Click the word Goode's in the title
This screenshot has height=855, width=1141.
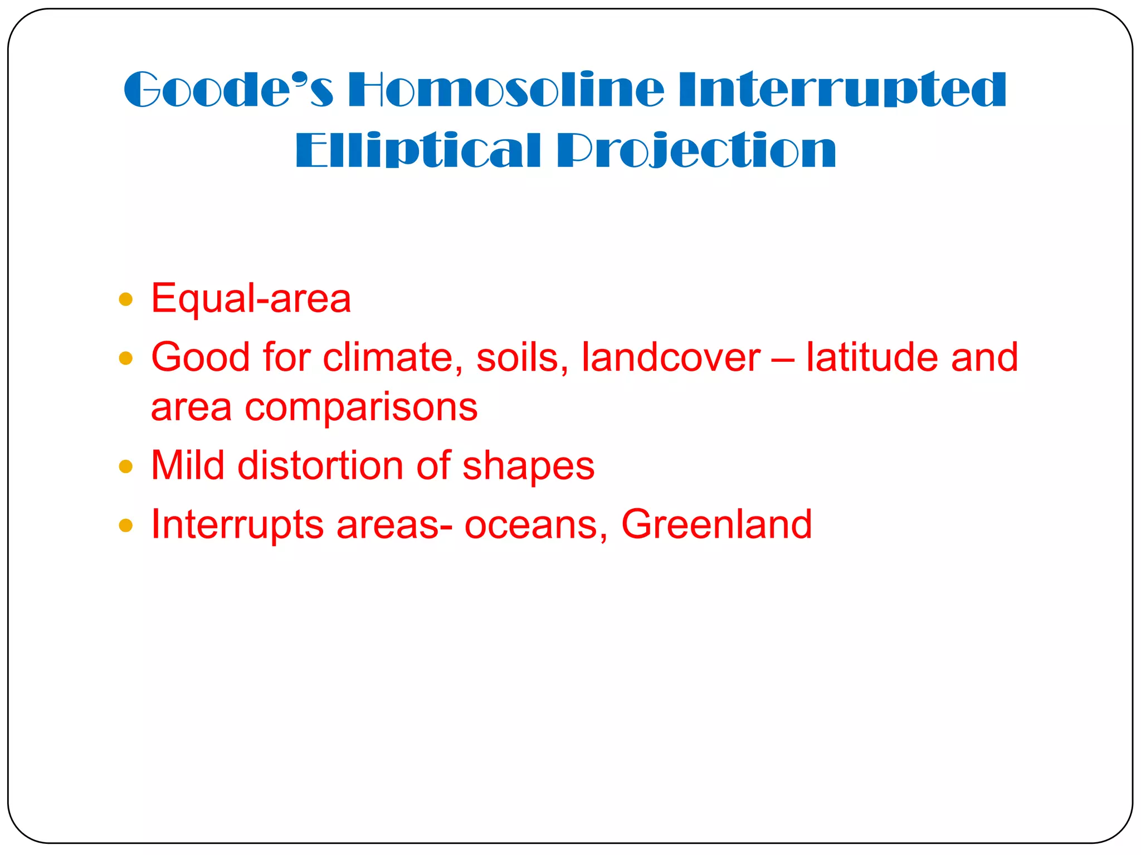point(228,90)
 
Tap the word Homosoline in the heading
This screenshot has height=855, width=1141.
point(506,90)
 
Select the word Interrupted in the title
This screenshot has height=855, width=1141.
point(842,90)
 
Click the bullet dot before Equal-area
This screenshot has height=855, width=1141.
point(126,300)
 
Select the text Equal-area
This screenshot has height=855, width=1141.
point(251,299)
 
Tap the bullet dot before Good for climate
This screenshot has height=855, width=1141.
point(126,358)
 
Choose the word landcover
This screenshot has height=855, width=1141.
point(671,357)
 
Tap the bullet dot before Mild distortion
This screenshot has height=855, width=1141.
point(126,466)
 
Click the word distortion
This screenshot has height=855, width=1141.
point(320,466)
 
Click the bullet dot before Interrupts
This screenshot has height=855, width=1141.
point(126,525)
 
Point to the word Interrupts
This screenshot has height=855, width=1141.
point(237,525)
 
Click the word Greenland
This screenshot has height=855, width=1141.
point(716,525)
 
